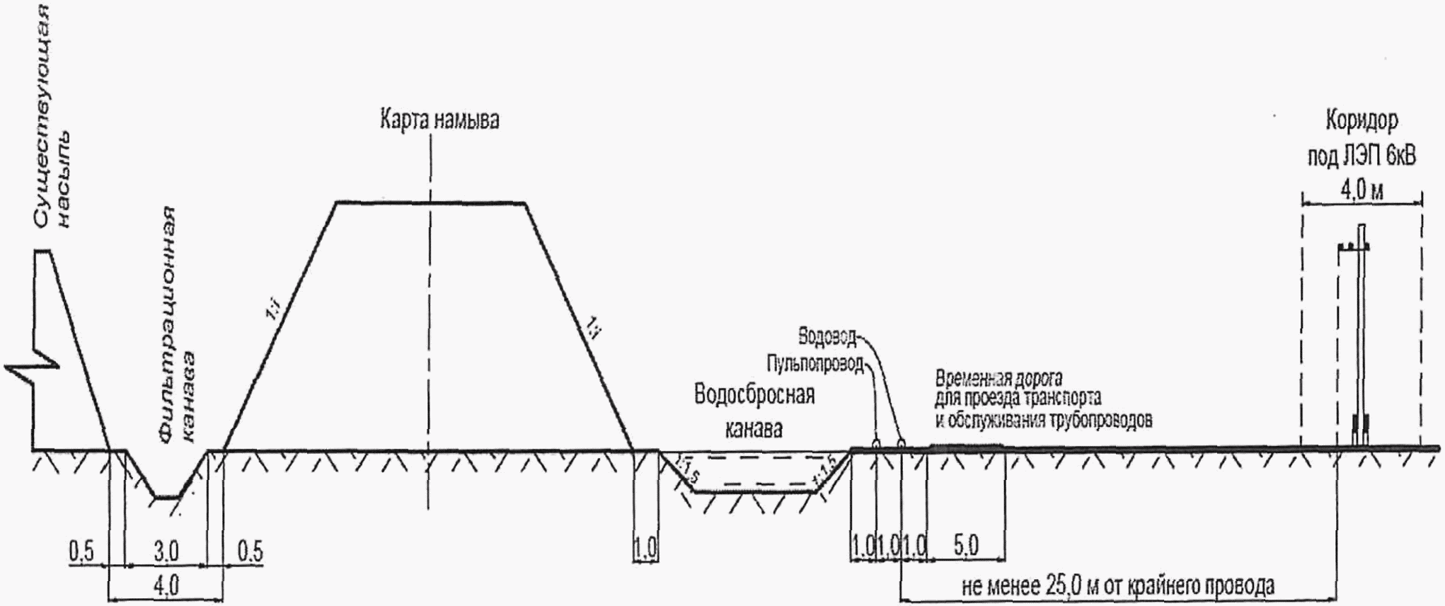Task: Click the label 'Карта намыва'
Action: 439,120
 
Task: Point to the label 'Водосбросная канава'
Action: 754,411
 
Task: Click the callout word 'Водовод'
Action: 827,335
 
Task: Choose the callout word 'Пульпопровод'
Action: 814,365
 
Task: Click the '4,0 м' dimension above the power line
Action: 1361,191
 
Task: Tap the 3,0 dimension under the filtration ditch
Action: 166,551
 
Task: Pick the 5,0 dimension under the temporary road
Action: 966,547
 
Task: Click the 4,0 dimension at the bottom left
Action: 166,586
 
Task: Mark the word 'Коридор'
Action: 1361,122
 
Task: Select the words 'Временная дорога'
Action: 998,377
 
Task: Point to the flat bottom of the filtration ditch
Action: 167,498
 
